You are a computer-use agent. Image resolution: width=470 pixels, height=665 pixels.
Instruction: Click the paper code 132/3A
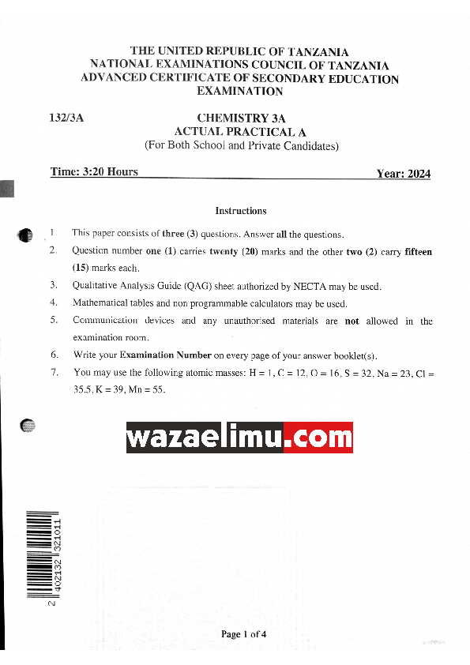(x=66, y=118)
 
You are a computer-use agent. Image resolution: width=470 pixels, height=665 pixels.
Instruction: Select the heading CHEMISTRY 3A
(x=240, y=118)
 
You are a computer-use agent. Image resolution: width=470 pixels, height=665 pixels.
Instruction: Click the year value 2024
(x=415, y=174)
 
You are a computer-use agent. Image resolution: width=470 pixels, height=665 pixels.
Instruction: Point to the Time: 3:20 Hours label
(x=94, y=172)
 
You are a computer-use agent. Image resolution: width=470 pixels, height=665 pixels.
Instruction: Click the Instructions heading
(x=241, y=211)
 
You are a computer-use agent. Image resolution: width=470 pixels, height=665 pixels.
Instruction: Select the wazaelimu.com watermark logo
(x=239, y=437)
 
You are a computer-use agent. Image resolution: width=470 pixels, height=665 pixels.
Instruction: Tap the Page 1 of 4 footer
(x=243, y=634)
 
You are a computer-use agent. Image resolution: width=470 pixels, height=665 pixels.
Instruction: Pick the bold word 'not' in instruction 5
(x=352, y=321)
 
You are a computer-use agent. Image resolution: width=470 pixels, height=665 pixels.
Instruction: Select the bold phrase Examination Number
(x=166, y=355)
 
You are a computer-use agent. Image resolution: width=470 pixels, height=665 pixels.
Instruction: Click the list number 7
(x=54, y=372)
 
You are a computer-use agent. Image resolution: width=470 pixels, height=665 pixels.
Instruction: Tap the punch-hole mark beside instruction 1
(x=25, y=235)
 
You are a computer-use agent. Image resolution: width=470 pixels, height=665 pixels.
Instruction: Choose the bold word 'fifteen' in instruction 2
(x=419, y=252)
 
